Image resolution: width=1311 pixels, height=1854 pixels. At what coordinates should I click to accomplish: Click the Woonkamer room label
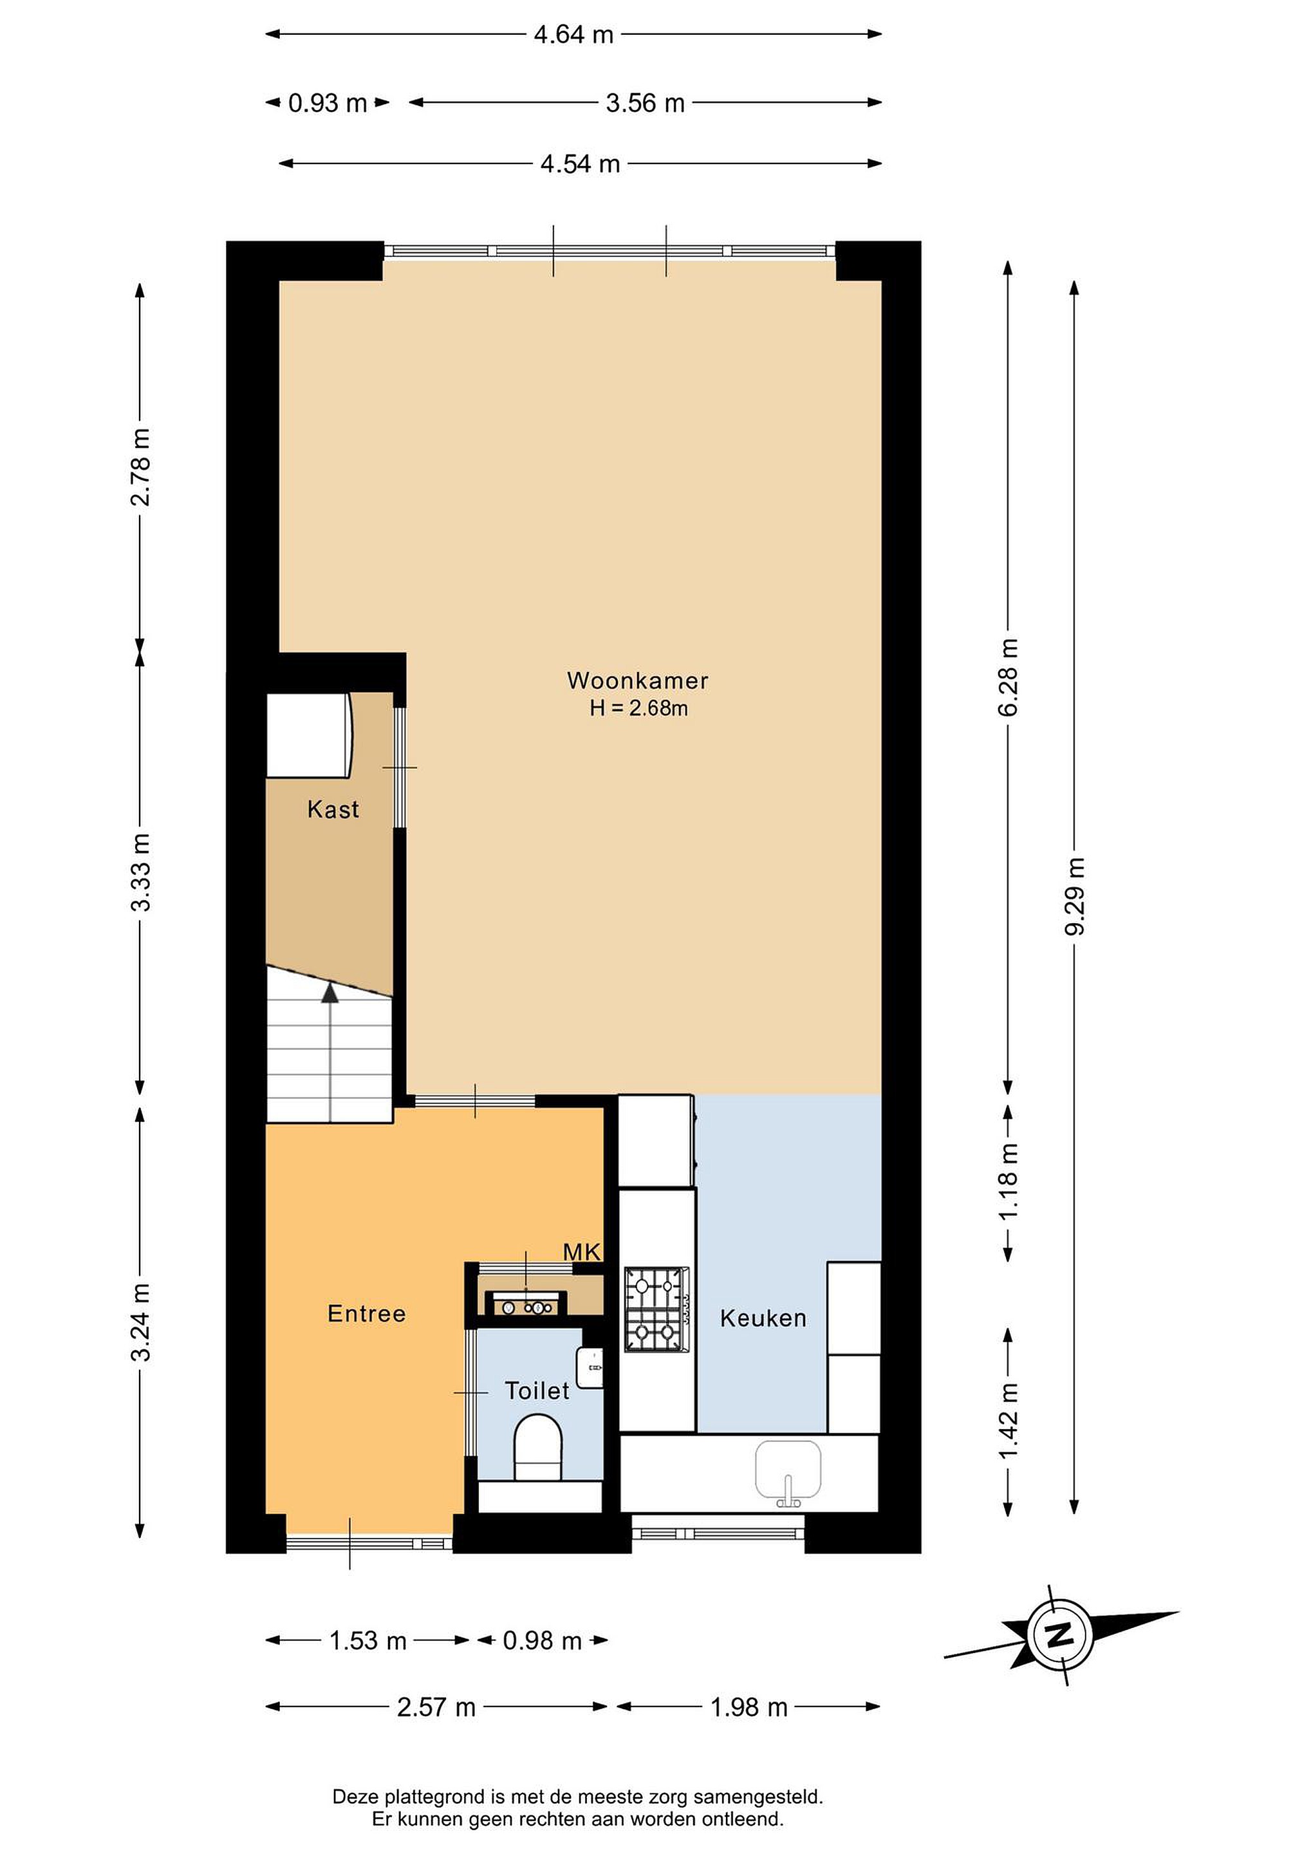pyautogui.click(x=637, y=680)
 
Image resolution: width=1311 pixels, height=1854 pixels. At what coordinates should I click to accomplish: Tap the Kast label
pyautogui.click(x=333, y=809)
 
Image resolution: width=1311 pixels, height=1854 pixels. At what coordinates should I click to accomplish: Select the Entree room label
pyautogui.click(x=366, y=1314)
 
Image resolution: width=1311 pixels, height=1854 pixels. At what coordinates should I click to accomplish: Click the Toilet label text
pyautogui.click(x=537, y=1390)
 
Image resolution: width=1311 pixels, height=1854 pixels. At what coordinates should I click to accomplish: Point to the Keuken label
pyautogui.click(x=763, y=1318)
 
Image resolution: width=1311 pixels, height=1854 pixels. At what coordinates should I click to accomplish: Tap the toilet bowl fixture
pyautogui.click(x=539, y=1445)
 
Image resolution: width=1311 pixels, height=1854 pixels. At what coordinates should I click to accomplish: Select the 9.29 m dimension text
pyautogui.click(x=1074, y=896)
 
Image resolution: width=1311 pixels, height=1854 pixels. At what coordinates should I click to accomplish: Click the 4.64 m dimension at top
pyautogui.click(x=573, y=35)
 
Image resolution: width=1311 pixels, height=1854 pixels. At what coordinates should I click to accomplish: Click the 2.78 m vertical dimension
pyautogui.click(x=140, y=467)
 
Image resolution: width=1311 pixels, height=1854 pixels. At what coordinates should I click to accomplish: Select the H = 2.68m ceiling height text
pyautogui.click(x=638, y=708)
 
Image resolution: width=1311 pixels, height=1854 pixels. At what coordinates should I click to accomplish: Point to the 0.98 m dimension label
pyautogui.click(x=542, y=1641)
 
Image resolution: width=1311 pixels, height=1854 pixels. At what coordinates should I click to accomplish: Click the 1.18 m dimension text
pyautogui.click(x=1009, y=1182)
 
